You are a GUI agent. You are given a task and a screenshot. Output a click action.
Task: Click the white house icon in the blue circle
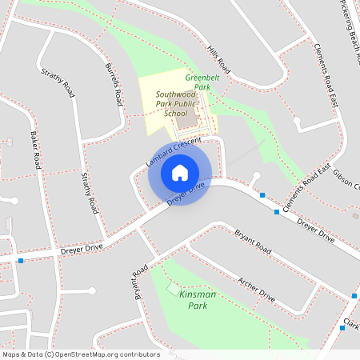click(x=180, y=173)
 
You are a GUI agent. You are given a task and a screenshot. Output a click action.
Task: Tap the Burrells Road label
click(x=114, y=86)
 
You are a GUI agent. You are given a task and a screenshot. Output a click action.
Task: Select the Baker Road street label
click(x=36, y=150)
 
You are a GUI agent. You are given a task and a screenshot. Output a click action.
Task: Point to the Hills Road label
click(x=218, y=61)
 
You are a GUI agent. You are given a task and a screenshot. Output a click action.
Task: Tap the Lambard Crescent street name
click(x=172, y=151)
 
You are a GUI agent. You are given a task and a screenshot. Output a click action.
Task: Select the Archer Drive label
click(x=257, y=290)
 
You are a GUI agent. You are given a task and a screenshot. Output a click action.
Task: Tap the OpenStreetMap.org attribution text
click(x=80, y=354)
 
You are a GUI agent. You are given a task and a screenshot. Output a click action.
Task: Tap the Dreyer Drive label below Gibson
click(x=315, y=226)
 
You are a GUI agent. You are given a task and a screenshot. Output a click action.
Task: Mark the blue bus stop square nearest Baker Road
click(x=20, y=260)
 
